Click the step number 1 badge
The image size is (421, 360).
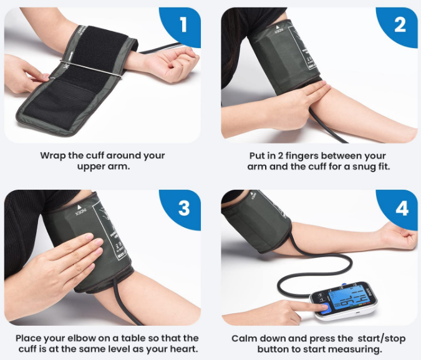[x=183, y=25]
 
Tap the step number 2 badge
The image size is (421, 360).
[x=400, y=25]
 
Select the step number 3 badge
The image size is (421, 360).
[x=183, y=207]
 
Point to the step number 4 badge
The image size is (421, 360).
[x=400, y=207]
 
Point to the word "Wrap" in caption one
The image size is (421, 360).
[x=53, y=155]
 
